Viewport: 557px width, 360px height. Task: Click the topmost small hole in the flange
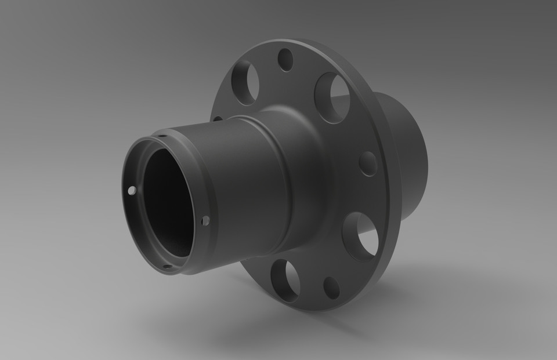[285, 60]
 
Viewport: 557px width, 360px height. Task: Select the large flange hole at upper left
[245, 82]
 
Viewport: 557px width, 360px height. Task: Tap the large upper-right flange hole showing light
[333, 97]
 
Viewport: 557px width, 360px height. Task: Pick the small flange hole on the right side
[368, 163]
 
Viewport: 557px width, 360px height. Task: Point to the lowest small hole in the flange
[331, 288]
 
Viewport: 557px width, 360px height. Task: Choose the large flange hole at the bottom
[285, 281]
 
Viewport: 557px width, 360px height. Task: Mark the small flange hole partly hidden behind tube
[218, 119]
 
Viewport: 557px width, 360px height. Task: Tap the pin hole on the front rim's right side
[205, 220]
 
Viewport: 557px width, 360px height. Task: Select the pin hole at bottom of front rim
[167, 267]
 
